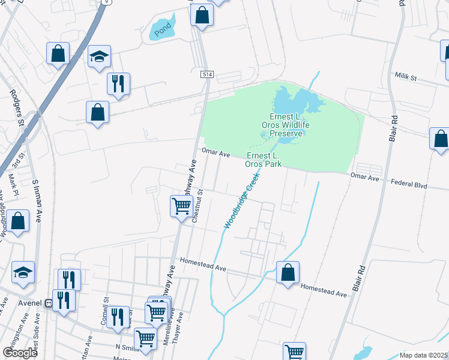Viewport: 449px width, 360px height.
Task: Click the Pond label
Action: click(162, 30)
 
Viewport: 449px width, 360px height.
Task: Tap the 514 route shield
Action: click(207, 74)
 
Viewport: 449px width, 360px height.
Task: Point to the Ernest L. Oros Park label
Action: click(272, 159)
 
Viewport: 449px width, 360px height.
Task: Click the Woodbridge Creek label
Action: click(241, 200)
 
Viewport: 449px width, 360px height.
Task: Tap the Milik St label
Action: click(409, 78)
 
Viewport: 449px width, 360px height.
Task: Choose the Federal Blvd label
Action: click(408, 185)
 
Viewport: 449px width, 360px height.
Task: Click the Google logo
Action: click(20, 352)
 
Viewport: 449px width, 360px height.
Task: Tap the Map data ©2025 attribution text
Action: click(423, 355)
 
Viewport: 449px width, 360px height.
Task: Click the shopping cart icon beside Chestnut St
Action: click(181, 206)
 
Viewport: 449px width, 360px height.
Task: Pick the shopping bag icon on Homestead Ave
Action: click(288, 271)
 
